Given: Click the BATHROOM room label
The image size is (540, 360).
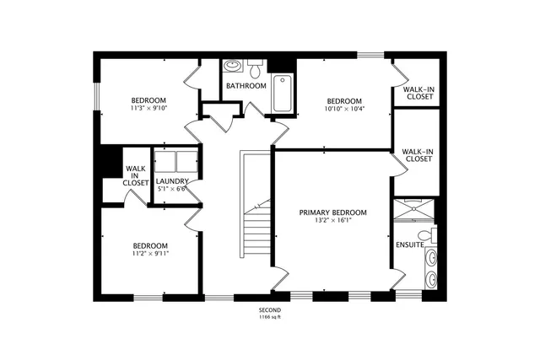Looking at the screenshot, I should pyautogui.click(x=246, y=86).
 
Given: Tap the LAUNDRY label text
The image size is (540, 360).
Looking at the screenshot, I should pyautogui.click(x=171, y=180).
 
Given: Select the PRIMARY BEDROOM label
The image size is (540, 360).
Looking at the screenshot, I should pyautogui.click(x=332, y=212).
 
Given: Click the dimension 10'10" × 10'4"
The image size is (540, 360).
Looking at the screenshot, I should pyautogui.click(x=344, y=108).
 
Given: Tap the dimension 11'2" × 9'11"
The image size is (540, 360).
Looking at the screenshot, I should pyautogui.click(x=149, y=253).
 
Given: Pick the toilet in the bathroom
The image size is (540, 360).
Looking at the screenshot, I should pyautogui.click(x=254, y=65).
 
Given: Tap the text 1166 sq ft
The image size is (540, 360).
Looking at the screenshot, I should pyautogui.click(x=270, y=319).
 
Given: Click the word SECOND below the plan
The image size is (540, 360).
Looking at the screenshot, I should pyautogui.click(x=270, y=310).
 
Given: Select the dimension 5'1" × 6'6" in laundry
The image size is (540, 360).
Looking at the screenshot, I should pyautogui.click(x=172, y=190).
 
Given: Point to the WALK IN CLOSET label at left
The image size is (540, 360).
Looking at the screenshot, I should pyautogui.click(x=135, y=175).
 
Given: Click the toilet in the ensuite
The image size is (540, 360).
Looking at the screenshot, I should pyautogui.click(x=429, y=235).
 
